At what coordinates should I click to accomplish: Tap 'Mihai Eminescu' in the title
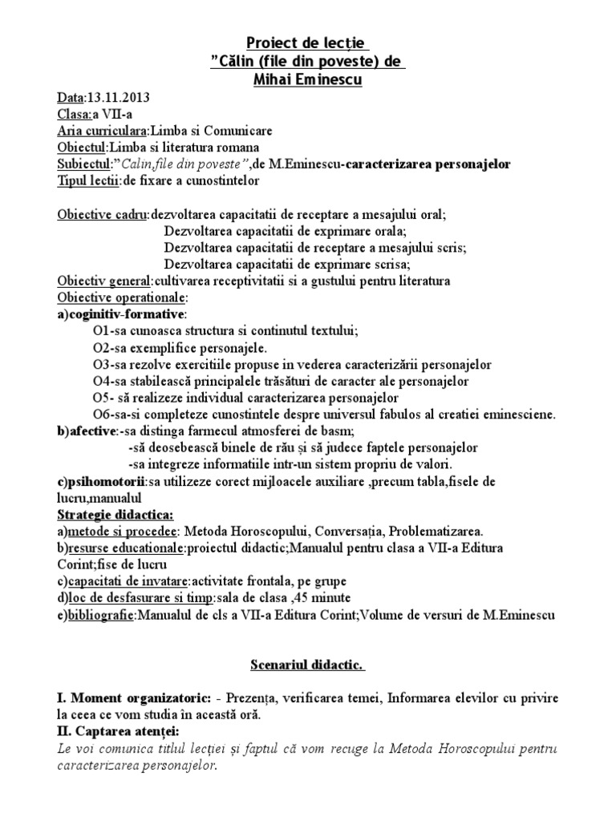pos(307,80)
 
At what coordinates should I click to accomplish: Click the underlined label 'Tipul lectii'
pos(87,181)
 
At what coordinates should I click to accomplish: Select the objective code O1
pos(100,331)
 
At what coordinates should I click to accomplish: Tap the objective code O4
pos(100,381)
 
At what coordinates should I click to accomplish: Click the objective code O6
pos(100,415)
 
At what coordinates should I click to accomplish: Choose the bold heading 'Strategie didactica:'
pos(115,514)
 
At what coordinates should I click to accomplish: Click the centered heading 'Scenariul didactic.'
pos(307,665)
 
